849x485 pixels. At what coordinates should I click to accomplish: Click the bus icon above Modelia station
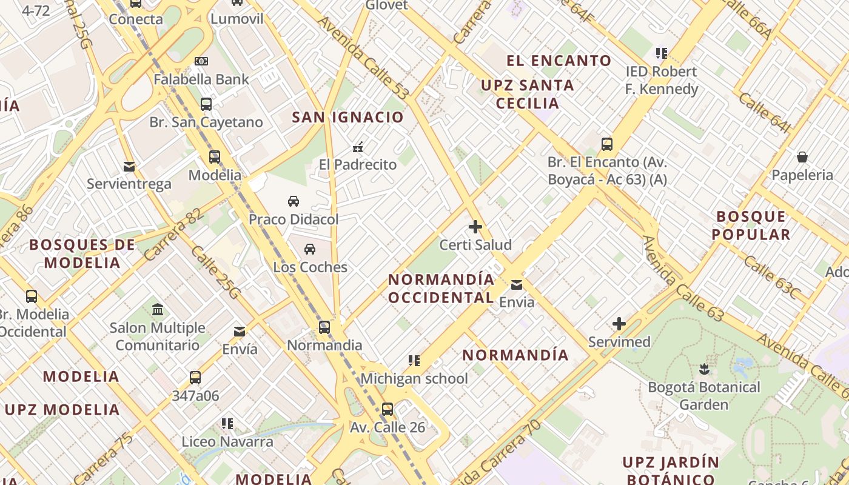[x=215, y=157]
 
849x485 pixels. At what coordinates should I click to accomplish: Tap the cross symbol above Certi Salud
[x=475, y=227]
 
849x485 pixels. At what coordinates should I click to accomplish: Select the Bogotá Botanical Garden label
[x=703, y=395]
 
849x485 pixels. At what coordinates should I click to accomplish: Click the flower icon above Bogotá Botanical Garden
[x=704, y=369]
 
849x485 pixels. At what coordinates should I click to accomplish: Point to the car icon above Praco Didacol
[x=294, y=201]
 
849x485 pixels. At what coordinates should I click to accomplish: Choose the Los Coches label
[x=310, y=267]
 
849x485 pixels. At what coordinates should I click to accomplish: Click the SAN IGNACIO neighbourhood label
[x=347, y=118]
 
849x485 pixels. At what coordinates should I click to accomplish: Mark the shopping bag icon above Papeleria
[x=802, y=158]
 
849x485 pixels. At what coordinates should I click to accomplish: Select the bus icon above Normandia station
[x=324, y=327]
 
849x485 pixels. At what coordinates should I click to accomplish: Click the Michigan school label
[x=414, y=378]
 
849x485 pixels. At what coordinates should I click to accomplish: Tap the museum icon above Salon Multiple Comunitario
[x=158, y=310]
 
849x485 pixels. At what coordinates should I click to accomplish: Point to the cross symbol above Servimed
[x=619, y=324]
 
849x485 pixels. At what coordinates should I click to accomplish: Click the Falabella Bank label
[x=201, y=79]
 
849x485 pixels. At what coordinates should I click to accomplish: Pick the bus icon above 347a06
[x=195, y=378]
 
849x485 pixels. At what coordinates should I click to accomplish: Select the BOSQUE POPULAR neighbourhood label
[x=751, y=226]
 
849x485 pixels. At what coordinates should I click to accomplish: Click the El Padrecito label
[x=358, y=164]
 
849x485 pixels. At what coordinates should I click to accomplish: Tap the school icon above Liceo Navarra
[x=227, y=424]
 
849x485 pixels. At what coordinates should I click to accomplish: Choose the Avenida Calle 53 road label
[x=363, y=58]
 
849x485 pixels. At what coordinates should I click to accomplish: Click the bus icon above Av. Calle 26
[x=388, y=409]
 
